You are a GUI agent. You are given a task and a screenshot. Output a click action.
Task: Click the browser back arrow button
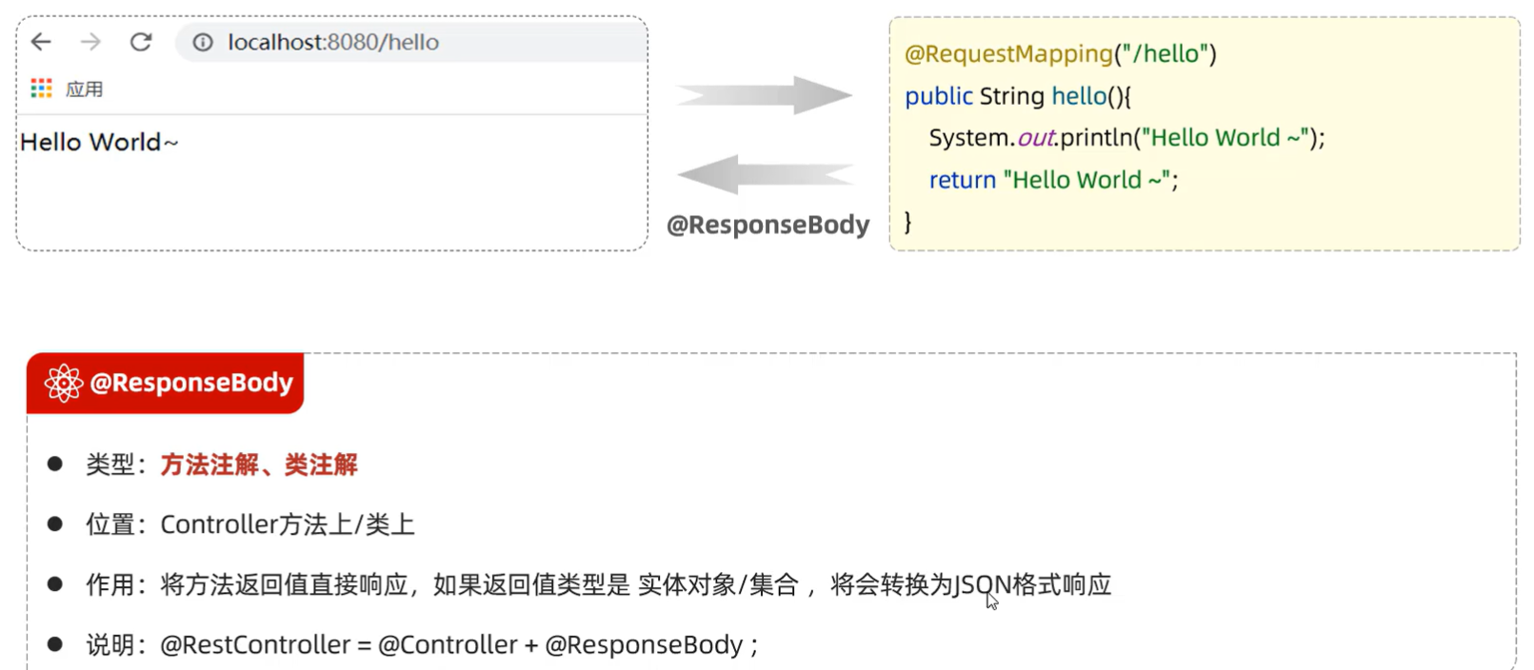click(x=41, y=42)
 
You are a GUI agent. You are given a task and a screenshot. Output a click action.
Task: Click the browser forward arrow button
click(x=90, y=42)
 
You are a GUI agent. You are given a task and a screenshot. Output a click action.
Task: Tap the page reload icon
click(x=141, y=42)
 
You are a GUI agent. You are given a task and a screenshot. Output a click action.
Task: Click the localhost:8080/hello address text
click(x=333, y=43)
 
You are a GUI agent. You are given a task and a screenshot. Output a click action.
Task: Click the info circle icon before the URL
click(x=203, y=43)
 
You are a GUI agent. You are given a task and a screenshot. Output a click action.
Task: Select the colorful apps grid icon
click(x=41, y=89)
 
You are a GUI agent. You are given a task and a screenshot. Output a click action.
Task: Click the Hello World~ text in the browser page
click(x=99, y=143)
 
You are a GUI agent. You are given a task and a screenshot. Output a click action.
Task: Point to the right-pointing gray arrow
click(x=764, y=95)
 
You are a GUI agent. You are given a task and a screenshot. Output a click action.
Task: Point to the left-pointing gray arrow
click(x=764, y=175)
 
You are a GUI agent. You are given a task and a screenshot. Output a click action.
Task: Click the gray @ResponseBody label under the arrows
click(x=767, y=225)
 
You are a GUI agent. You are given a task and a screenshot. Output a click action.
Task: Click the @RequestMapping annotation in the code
click(x=1008, y=54)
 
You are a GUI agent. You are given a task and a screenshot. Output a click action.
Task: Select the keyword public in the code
click(x=938, y=96)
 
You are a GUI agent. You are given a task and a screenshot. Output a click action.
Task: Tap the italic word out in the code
click(x=1036, y=138)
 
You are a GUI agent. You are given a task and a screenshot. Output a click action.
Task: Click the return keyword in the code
click(x=962, y=180)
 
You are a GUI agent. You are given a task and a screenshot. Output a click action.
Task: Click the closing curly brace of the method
click(x=907, y=222)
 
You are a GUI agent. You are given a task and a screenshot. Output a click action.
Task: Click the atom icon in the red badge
click(x=64, y=383)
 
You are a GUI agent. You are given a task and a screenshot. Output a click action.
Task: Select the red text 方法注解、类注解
click(x=259, y=464)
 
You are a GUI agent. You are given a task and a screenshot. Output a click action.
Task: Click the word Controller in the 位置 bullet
click(x=218, y=524)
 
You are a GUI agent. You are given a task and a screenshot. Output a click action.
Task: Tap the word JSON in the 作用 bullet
click(x=982, y=584)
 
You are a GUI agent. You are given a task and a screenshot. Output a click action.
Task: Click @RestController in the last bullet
click(x=255, y=645)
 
